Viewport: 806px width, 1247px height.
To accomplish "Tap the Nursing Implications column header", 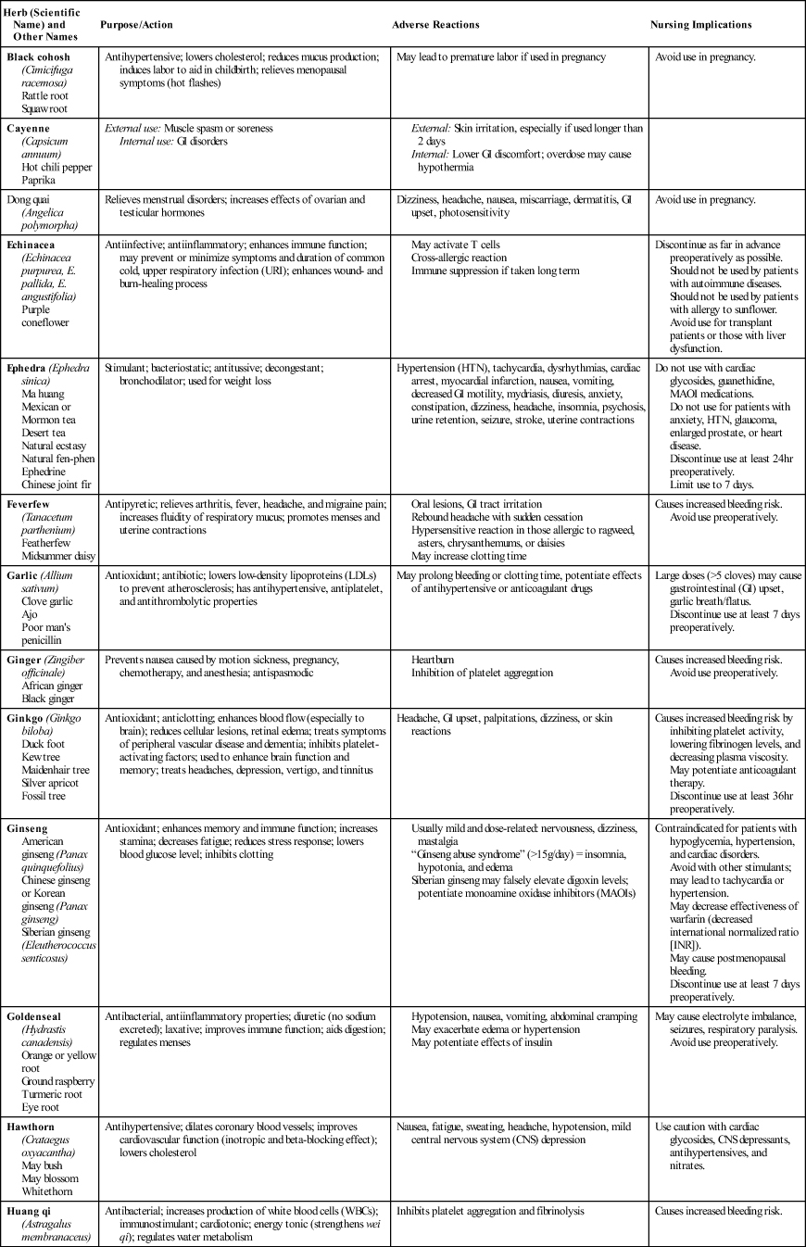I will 700,24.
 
